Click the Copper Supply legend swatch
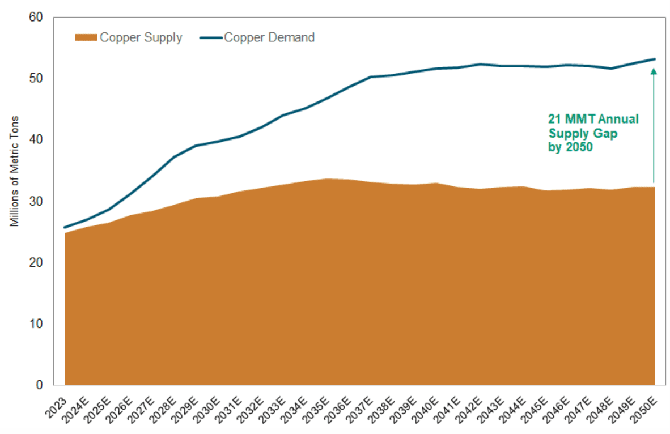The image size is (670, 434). tap(86, 38)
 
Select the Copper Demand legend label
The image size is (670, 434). tap(269, 38)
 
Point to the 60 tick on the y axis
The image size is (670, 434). tap(36, 17)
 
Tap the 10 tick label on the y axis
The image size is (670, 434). tap(37, 324)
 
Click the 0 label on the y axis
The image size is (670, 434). tap(40, 385)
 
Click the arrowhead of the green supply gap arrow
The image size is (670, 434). tap(654, 71)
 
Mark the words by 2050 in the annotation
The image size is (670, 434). tap(570, 146)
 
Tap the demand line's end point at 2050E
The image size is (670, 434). tap(655, 59)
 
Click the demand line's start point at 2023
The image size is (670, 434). tap(65, 227)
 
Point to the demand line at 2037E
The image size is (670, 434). tap(371, 77)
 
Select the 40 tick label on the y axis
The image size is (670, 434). tap(36, 140)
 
